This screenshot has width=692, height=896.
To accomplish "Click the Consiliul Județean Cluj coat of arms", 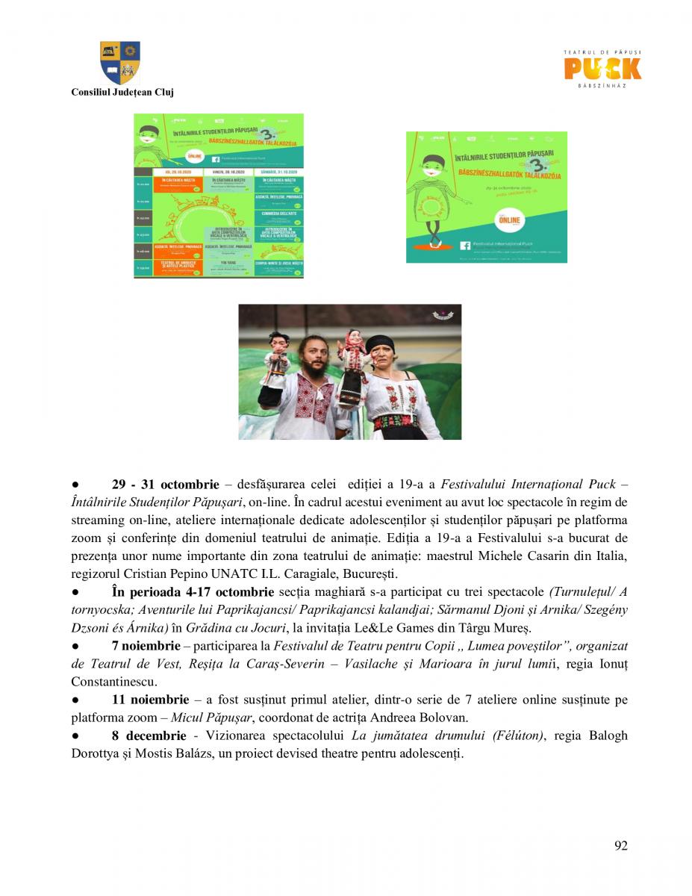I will pyautogui.click(x=120, y=63).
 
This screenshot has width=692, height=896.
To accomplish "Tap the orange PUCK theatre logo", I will pyautogui.click(x=602, y=68).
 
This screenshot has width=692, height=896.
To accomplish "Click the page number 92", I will pyautogui.click(x=620, y=845).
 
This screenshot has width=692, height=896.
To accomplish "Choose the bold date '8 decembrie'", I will pyautogui.click(x=148, y=735).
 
